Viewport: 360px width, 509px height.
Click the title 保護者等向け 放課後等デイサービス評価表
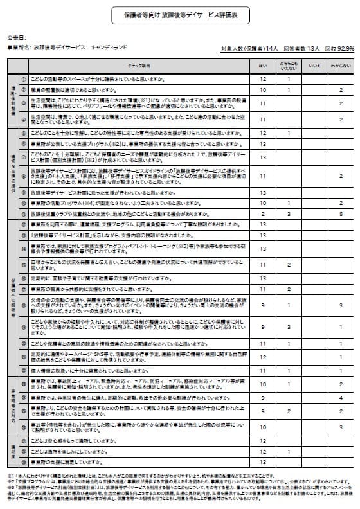(x=180, y=13)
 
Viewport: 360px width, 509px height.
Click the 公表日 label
(x=18, y=38)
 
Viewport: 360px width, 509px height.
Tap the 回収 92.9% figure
(x=340, y=48)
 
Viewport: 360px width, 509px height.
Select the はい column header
(x=262, y=65)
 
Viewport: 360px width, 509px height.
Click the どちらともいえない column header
(x=289, y=65)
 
